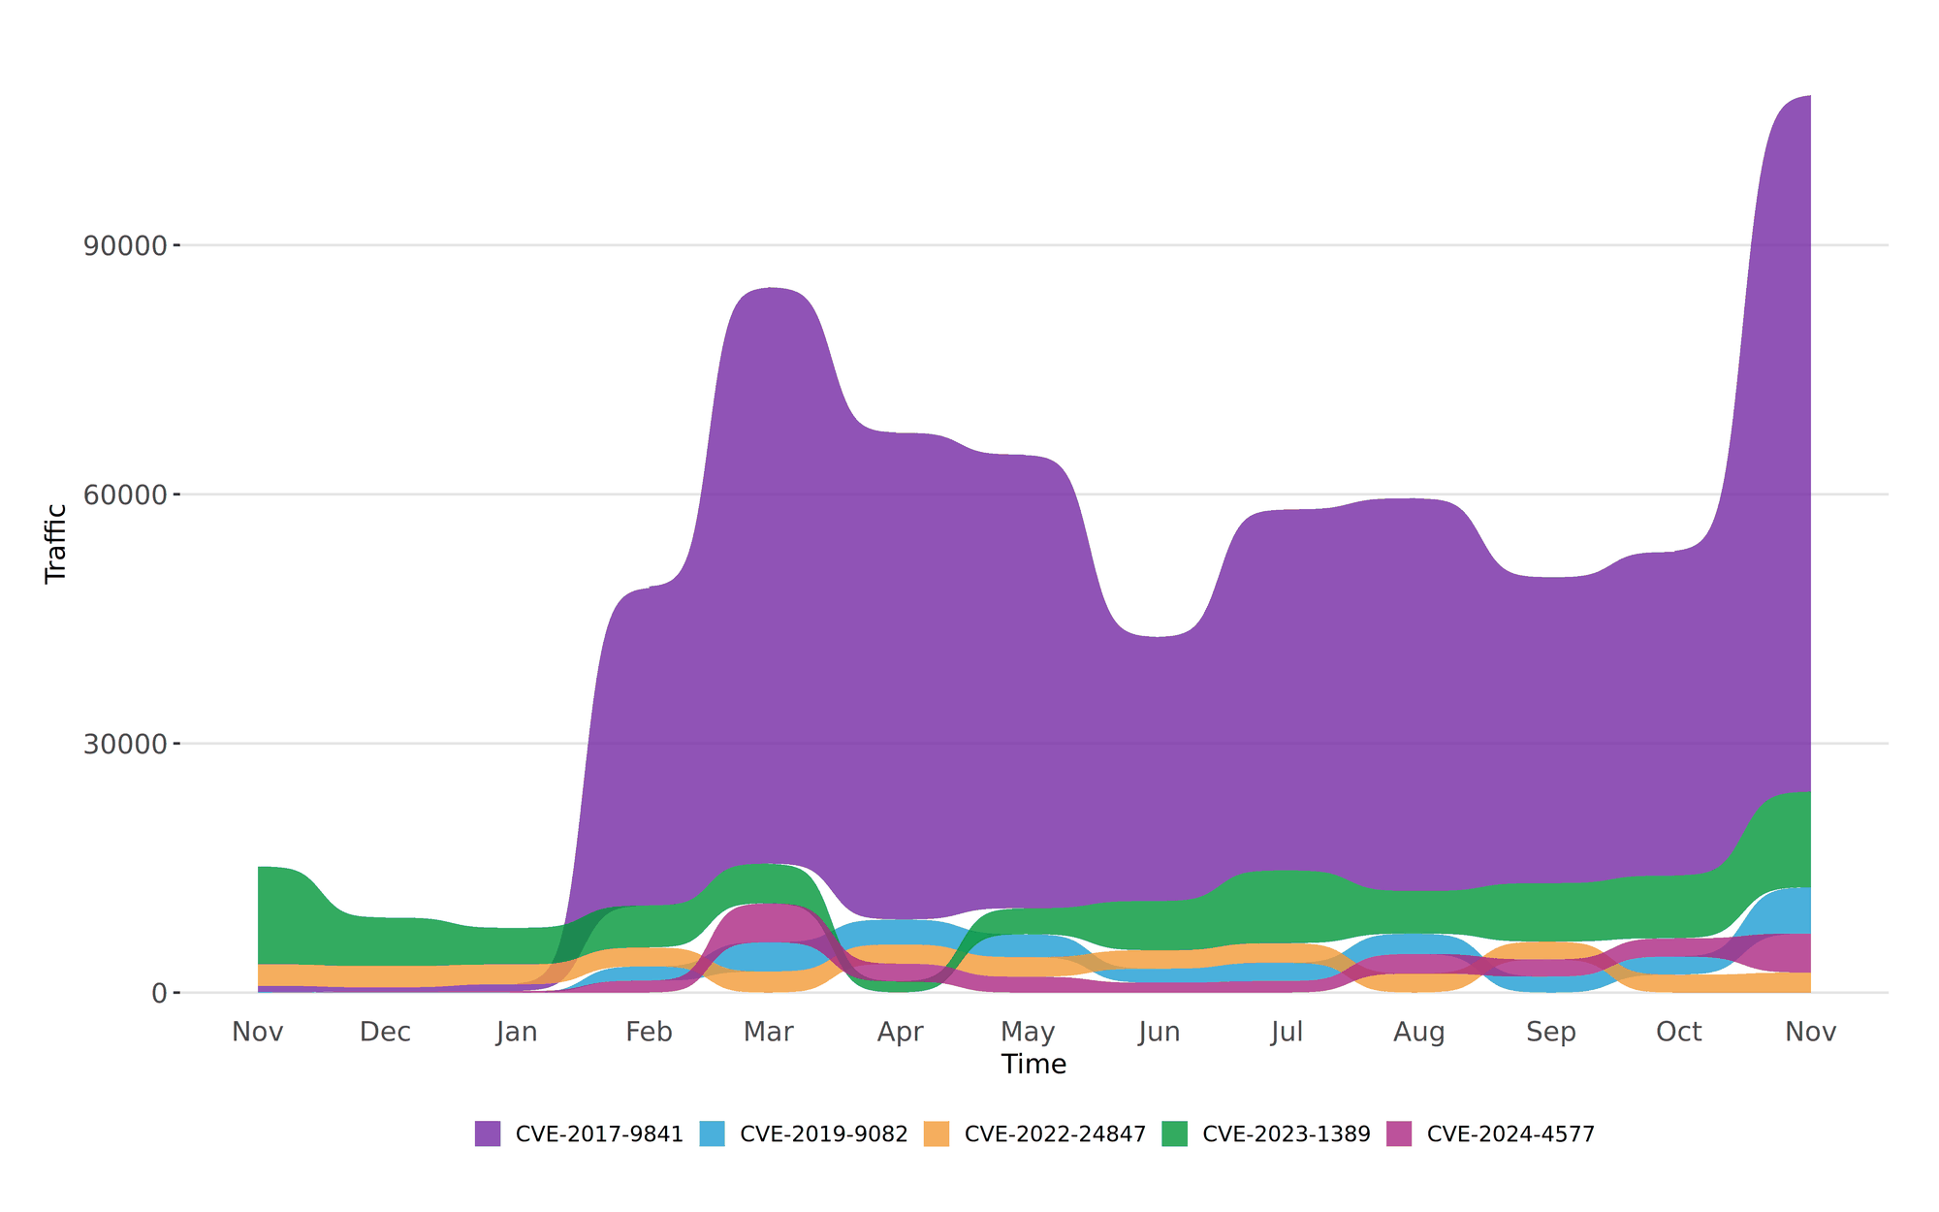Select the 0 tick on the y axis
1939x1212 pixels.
pyautogui.click(x=159, y=993)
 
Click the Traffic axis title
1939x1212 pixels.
pyautogui.click(x=56, y=543)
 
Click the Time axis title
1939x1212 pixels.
pyautogui.click(x=1033, y=1065)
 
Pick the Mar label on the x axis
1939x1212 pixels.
pyautogui.click(x=769, y=1032)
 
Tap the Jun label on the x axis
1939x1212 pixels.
pyautogui.click(x=1160, y=1032)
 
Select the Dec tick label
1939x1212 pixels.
pyautogui.click(x=385, y=1032)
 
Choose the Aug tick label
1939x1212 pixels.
pyautogui.click(x=1419, y=1032)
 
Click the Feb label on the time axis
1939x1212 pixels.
pyautogui.click(x=649, y=1032)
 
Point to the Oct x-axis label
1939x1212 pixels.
pyautogui.click(x=1678, y=1032)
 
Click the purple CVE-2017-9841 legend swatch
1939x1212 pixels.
pyautogui.click(x=488, y=1133)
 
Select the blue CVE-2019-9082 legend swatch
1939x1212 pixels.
pyautogui.click(x=712, y=1133)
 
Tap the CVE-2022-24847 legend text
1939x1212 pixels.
pyautogui.click(x=1055, y=1133)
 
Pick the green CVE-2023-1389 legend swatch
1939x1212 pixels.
pyautogui.click(x=1175, y=1133)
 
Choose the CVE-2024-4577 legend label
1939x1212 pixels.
pyautogui.click(x=1510, y=1133)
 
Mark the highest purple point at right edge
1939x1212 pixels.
pyautogui.click(x=1808, y=97)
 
